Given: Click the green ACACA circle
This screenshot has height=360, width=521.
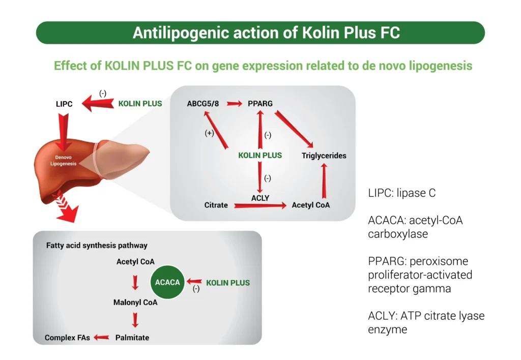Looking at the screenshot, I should pyautogui.click(x=168, y=282).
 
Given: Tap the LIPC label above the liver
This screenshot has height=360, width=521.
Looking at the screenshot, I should pyautogui.click(x=64, y=104).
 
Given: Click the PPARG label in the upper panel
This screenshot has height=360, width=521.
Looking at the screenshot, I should pyautogui.click(x=260, y=103).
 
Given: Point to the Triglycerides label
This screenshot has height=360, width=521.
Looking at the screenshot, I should pyautogui.click(x=324, y=156).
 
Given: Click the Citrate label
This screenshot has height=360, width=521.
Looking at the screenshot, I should pyautogui.click(x=216, y=205).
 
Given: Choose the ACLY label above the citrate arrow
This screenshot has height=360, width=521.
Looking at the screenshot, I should pyautogui.click(x=260, y=197).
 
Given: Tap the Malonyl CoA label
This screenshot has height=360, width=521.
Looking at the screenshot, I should pyautogui.click(x=135, y=303).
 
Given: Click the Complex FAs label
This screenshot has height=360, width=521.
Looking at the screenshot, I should pyautogui.click(x=67, y=338).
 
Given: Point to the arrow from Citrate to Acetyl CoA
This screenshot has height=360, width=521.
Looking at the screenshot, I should pyautogui.click(x=260, y=206).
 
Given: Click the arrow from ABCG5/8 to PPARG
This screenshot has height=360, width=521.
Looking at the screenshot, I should pyautogui.click(x=235, y=104).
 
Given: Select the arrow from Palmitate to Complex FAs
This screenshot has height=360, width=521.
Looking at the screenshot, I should pyautogui.click(x=102, y=337).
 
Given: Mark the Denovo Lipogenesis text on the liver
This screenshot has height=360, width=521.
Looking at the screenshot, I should pyautogui.click(x=64, y=161).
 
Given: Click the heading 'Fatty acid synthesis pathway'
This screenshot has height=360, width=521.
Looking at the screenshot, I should pyautogui.click(x=97, y=246).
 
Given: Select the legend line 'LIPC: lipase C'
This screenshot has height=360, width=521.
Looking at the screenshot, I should pyautogui.click(x=402, y=194).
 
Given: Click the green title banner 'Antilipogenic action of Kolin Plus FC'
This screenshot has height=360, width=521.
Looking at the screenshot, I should pyautogui.click(x=260, y=33).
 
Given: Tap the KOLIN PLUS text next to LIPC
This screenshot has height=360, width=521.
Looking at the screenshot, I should pyautogui.click(x=140, y=104).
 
